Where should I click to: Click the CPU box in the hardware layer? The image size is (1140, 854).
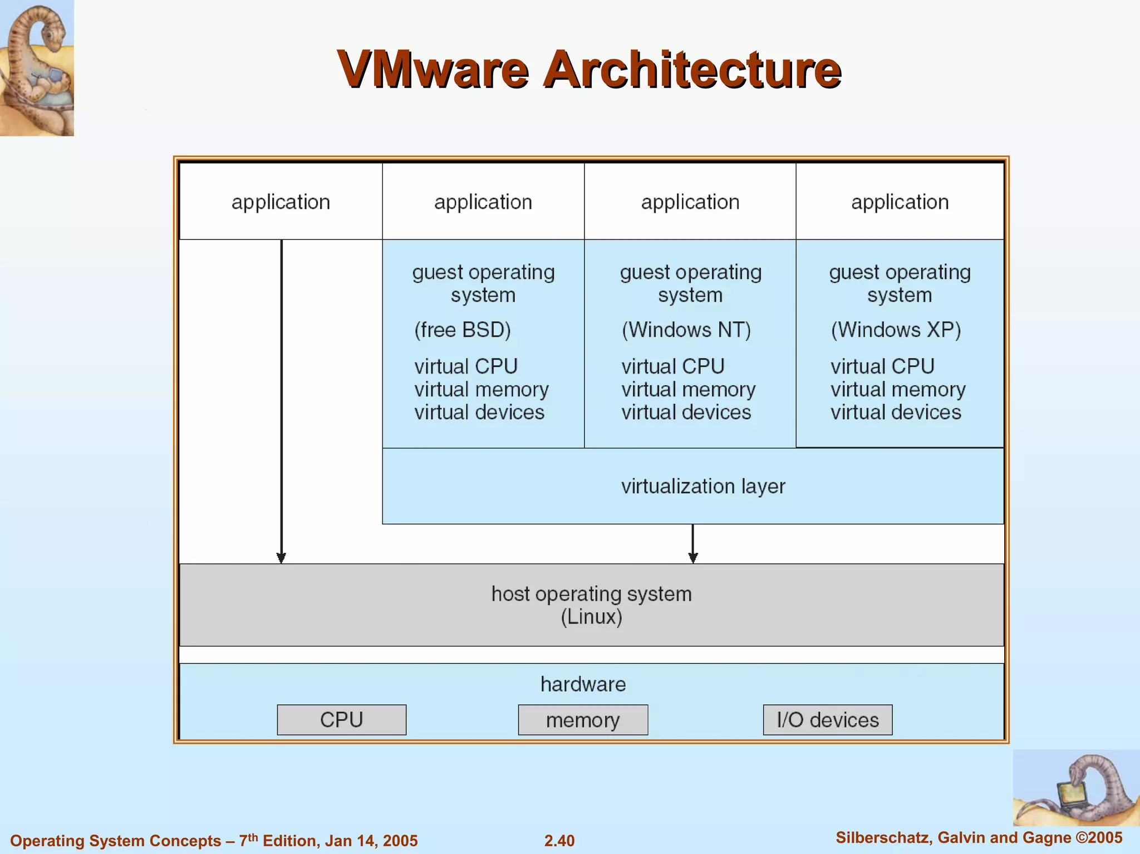341,720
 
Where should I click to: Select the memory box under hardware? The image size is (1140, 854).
583,720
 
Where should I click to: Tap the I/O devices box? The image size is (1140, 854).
827,720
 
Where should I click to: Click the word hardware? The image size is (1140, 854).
583,684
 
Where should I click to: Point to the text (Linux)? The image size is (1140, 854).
591,617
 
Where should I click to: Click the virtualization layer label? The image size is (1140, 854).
702,487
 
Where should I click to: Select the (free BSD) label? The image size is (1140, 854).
462,330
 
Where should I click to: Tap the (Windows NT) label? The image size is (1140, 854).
686,330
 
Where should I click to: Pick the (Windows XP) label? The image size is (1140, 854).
896,330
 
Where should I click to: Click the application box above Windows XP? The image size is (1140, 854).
900,202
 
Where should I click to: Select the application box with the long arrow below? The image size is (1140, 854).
281,202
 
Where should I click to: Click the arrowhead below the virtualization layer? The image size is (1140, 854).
693,558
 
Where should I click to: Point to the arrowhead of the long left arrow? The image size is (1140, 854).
281,558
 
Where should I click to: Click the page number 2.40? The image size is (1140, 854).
559,841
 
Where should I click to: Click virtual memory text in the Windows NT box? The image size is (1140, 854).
688,390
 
